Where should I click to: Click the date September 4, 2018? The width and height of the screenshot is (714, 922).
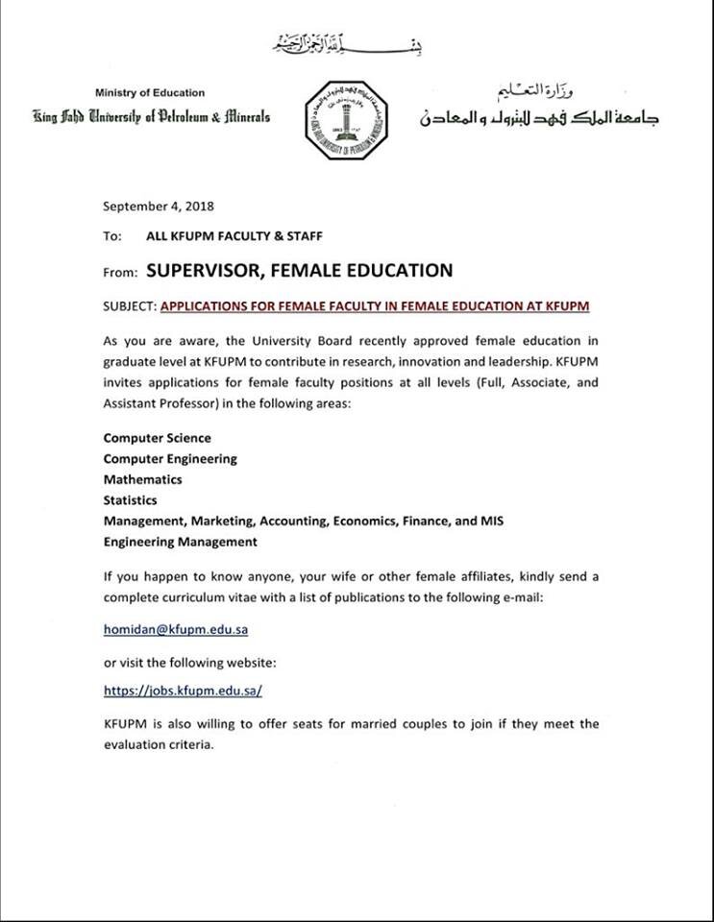[159, 206]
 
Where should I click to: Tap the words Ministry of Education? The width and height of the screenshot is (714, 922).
[150, 93]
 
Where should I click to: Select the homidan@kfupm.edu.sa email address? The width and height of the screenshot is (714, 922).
[176, 630]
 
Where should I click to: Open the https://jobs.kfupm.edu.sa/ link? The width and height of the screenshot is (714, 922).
[183, 690]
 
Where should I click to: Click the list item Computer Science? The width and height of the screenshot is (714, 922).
[157, 438]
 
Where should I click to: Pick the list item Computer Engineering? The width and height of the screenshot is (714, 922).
[170, 458]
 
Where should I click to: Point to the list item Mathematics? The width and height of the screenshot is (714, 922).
[142, 479]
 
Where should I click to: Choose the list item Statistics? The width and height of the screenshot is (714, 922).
[130, 499]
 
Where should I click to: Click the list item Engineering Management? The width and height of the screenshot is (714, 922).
[180, 542]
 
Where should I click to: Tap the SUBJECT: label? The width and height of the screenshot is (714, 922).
[130, 306]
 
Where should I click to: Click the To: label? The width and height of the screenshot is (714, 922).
[112, 235]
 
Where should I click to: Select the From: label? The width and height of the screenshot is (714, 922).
[121, 273]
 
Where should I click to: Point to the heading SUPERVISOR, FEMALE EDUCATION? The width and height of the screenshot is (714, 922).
[299, 271]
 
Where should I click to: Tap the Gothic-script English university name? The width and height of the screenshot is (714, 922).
[151, 118]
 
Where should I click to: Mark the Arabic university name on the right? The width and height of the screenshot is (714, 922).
[539, 118]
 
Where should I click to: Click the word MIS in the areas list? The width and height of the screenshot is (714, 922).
[492, 521]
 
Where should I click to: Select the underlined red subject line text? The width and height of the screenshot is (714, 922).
[375, 306]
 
